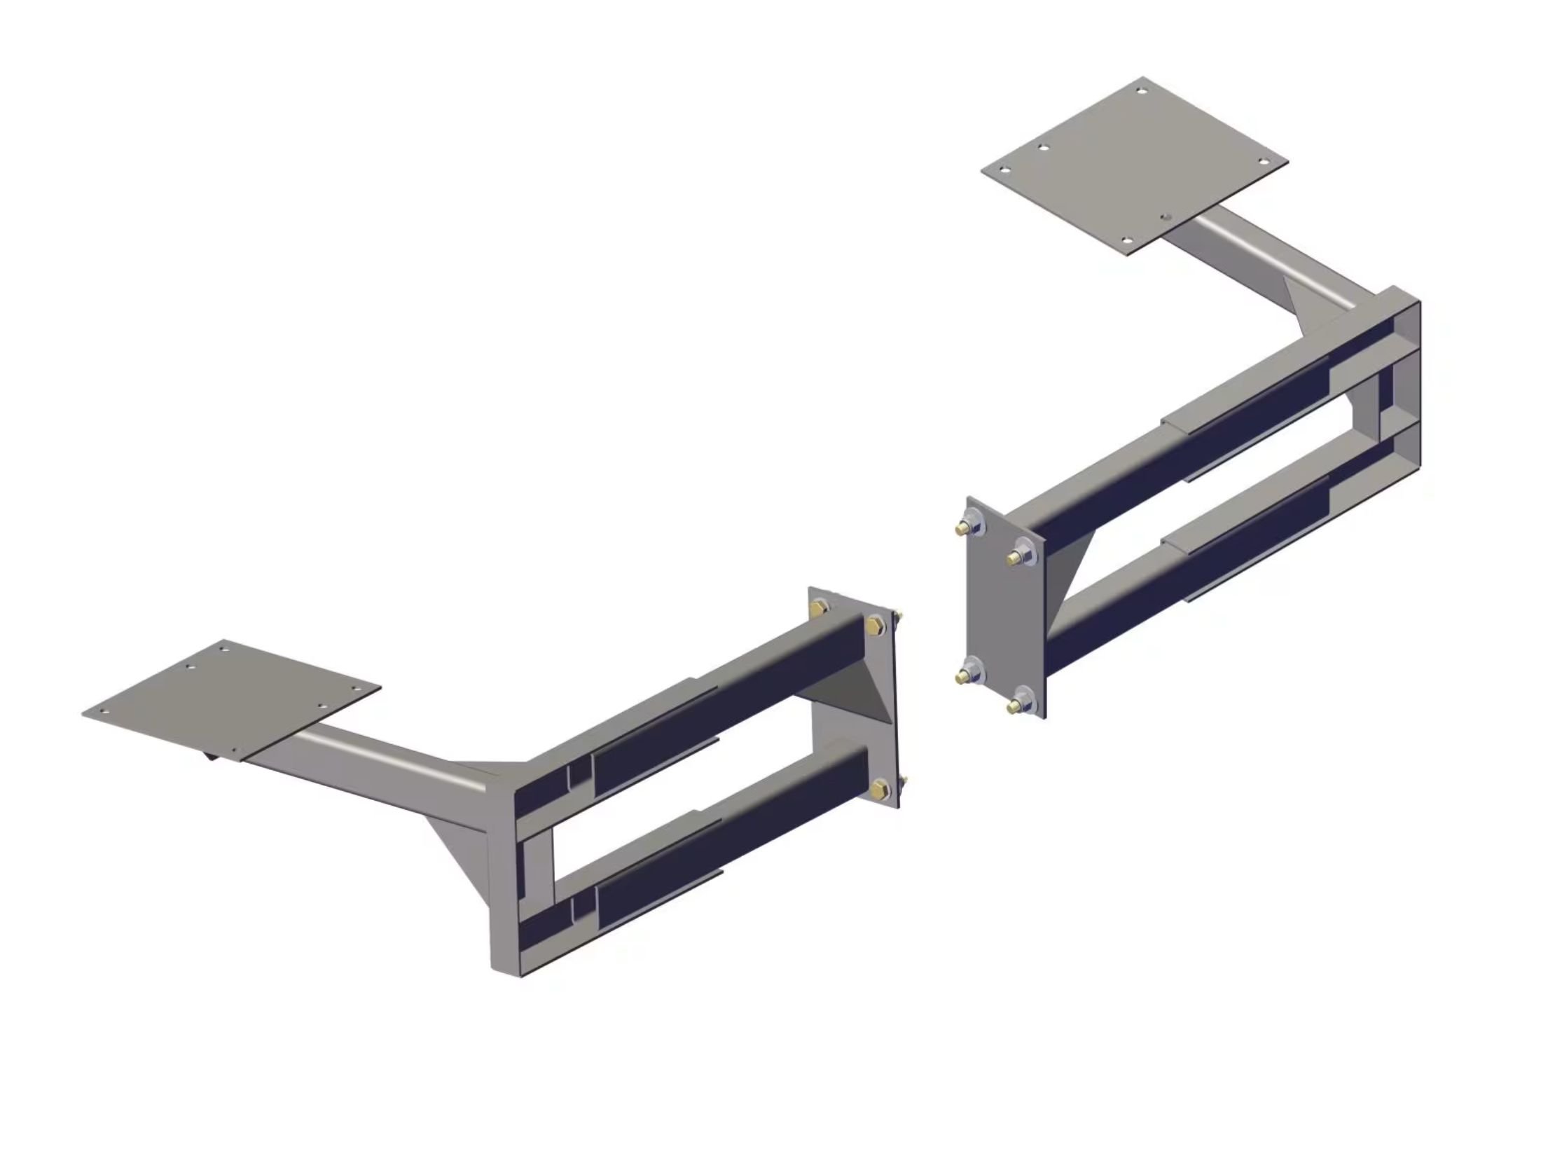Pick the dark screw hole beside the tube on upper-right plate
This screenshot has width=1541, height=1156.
click(1165, 218)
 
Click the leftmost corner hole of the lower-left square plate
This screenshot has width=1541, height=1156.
click(104, 710)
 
